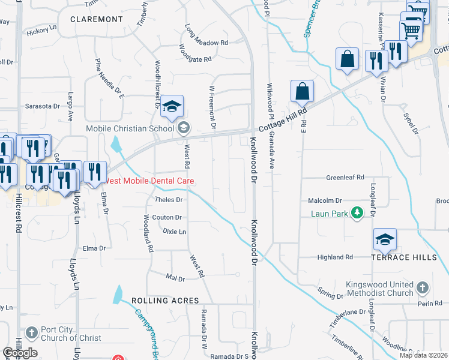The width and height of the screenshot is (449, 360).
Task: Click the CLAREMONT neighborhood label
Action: pyautogui.click(x=96, y=19)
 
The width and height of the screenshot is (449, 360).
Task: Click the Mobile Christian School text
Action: pyautogui.click(x=132, y=128)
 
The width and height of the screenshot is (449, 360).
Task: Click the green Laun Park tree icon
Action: pyautogui.click(x=357, y=213)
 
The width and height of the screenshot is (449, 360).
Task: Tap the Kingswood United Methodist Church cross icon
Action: pyautogui.click(x=422, y=287)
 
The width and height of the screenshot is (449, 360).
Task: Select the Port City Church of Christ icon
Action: pyautogui.click(x=32, y=331)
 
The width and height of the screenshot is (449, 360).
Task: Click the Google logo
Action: pyautogui.click(x=20, y=353)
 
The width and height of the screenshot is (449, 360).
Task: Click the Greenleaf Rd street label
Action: pyautogui.click(x=345, y=178)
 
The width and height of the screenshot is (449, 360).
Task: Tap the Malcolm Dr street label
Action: pyautogui.click(x=325, y=201)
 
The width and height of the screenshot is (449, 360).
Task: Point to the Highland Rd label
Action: pyautogui.click(x=335, y=257)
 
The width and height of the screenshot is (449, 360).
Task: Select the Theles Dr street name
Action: pyautogui.click(x=169, y=200)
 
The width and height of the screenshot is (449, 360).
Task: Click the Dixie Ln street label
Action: pyautogui.click(x=174, y=232)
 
